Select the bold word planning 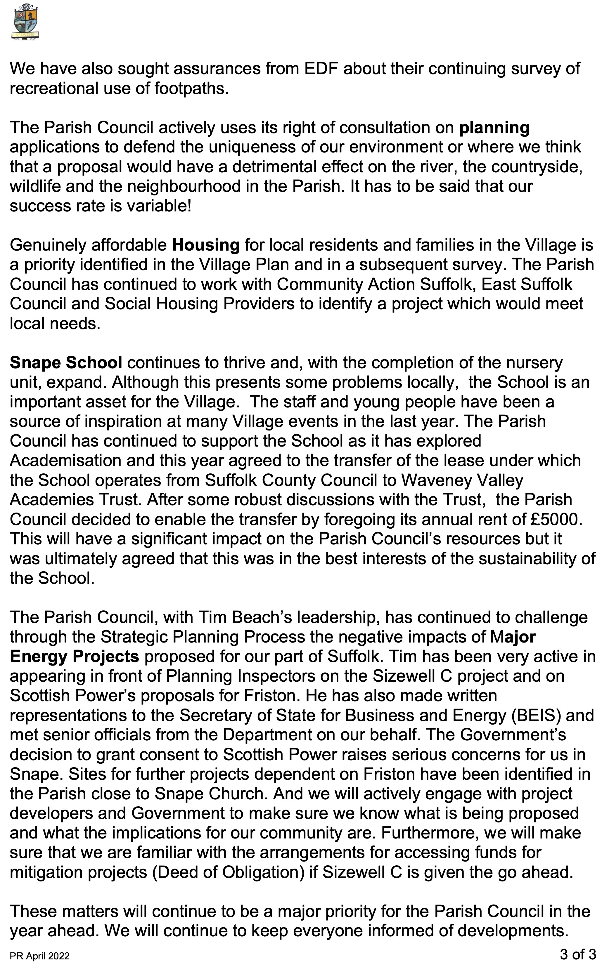494,128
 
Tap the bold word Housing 205,245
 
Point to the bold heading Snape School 66,362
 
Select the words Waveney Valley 462,480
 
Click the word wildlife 35,187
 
